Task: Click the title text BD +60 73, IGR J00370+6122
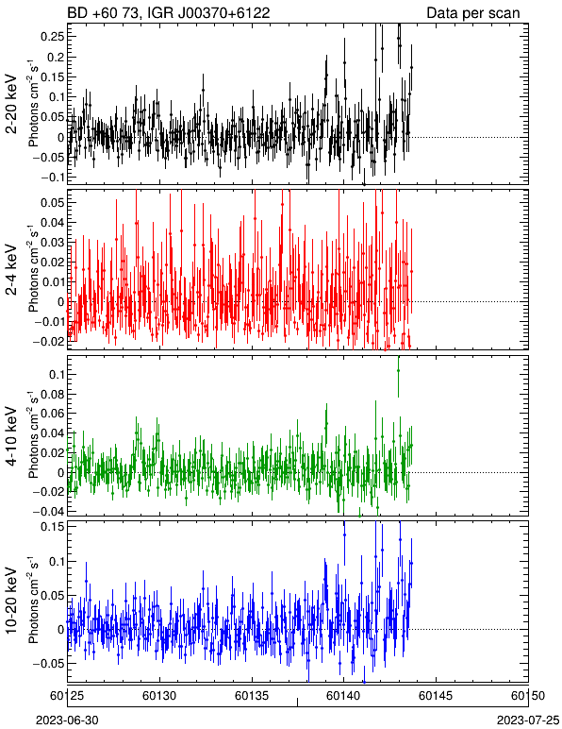tap(169, 13)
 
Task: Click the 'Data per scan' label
tap(473, 13)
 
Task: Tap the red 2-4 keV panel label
tap(11, 271)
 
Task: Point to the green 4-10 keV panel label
tap(11, 436)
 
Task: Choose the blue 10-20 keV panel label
tap(11, 601)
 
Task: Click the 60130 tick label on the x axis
tap(159, 696)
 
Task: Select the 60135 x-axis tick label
tap(252, 696)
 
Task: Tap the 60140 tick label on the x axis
tap(343, 696)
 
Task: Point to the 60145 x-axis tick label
tap(436, 696)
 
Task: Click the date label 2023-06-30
tap(67, 721)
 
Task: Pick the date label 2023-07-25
tap(528, 721)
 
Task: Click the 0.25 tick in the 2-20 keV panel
tap(53, 37)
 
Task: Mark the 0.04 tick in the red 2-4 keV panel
tap(53, 223)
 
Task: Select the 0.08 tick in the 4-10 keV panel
tap(53, 395)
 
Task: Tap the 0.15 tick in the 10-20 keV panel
tap(53, 527)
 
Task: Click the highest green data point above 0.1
tap(398, 370)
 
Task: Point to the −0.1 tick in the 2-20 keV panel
tap(53, 178)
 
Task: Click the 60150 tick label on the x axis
tap(528, 696)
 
